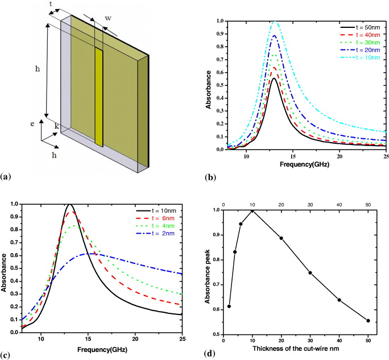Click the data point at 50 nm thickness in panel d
pyautogui.click(x=369, y=321)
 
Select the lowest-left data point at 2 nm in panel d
pyautogui.click(x=229, y=306)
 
